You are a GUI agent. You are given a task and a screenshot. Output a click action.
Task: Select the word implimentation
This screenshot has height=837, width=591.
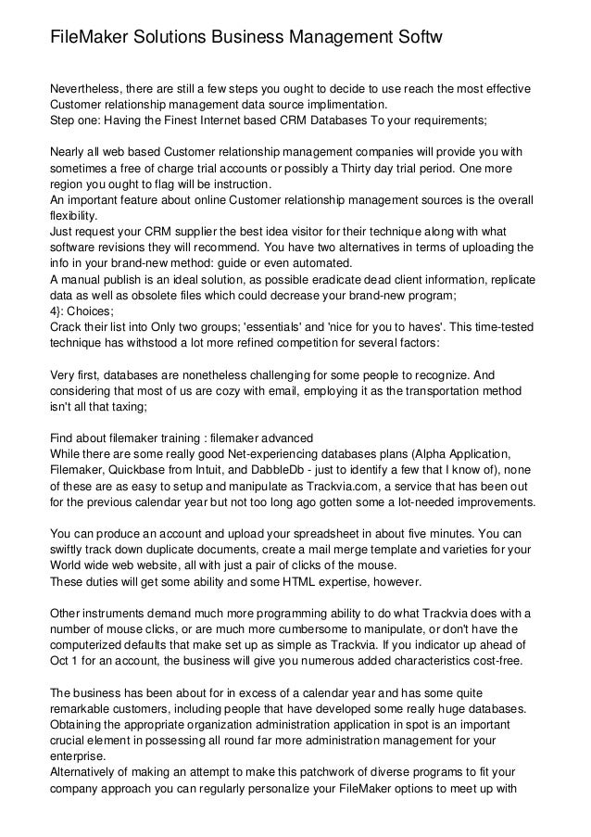pos(336,105)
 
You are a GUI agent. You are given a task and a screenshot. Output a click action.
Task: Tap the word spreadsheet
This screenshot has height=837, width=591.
pos(307,533)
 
